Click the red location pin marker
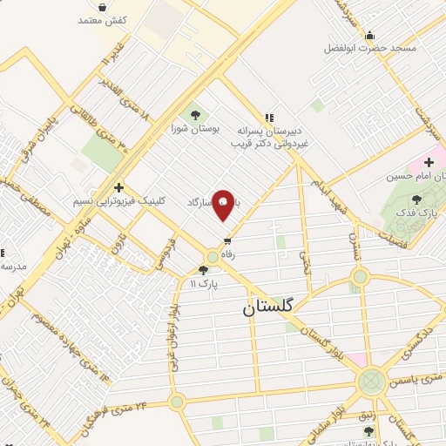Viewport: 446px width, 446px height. (x=223, y=205)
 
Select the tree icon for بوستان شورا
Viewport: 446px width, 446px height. (x=194, y=114)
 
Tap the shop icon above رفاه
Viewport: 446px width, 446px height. (x=228, y=240)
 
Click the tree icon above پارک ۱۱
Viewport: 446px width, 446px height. (x=204, y=269)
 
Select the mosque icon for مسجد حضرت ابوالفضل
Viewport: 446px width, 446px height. (x=370, y=36)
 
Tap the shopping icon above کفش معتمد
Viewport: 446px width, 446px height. (x=103, y=7)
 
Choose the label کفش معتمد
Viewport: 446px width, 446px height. (x=103, y=19)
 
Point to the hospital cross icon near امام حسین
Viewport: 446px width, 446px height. (x=429, y=162)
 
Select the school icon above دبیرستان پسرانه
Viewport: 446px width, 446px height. (x=268, y=118)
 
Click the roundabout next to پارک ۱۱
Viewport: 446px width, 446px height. (x=213, y=256)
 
